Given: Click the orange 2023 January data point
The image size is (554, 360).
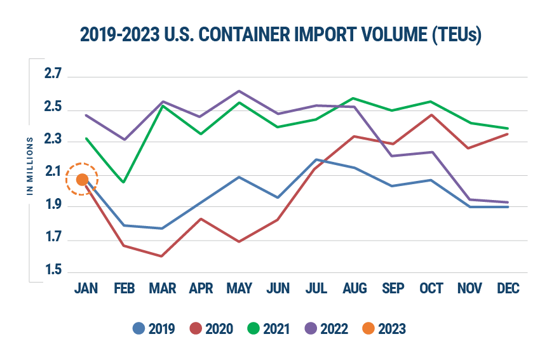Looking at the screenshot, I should pyautogui.click(x=82, y=180).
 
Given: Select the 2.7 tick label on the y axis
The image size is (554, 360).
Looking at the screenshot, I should pyautogui.click(x=53, y=74).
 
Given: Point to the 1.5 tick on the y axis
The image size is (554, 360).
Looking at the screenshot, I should pyautogui.click(x=53, y=272).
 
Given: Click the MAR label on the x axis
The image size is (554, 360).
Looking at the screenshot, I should pyautogui.click(x=162, y=289).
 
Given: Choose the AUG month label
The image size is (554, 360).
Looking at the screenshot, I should pyautogui.click(x=355, y=289).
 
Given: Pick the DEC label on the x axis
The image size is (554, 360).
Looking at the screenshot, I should pyautogui.click(x=508, y=289).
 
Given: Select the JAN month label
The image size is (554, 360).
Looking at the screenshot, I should pyautogui.click(x=86, y=289).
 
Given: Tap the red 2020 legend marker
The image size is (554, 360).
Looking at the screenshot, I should pyautogui.click(x=196, y=329).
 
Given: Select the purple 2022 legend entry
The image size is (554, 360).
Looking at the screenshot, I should pyautogui.click(x=327, y=329).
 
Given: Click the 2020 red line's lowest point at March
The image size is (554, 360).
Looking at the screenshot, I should pyautogui.click(x=162, y=257).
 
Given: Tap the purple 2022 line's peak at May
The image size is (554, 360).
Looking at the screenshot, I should pyautogui.click(x=239, y=91).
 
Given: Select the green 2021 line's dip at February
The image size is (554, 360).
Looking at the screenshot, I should pyautogui.click(x=124, y=182).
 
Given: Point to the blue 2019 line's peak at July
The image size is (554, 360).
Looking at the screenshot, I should pyautogui.click(x=316, y=159).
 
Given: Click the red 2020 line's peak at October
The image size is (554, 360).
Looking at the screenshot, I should pyautogui.click(x=431, y=115).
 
